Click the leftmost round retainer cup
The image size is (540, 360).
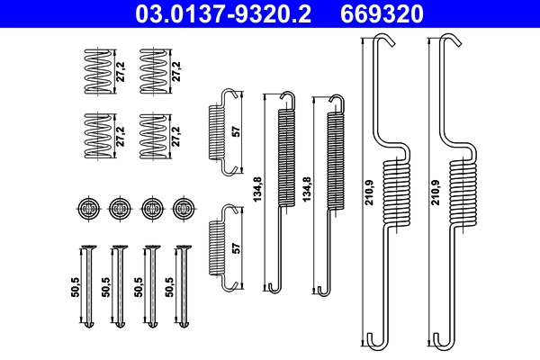pyautogui.click(x=86, y=208)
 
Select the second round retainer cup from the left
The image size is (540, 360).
pyautogui.click(x=119, y=208)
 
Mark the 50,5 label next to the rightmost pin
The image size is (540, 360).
pyautogui.click(x=170, y=288)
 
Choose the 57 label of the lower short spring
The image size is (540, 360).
pyautogui.click(x=237, y=247)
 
